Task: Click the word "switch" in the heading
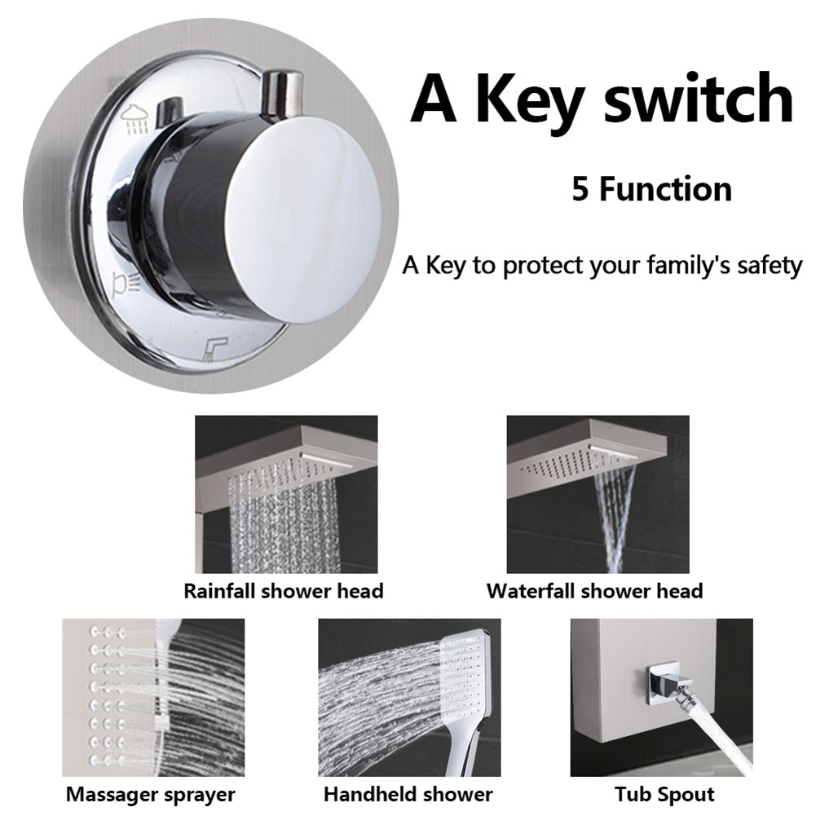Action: [699, 97]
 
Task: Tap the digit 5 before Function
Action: [580, 189]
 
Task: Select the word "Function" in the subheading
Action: [666, 189]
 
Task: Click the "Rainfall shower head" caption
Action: [284, 591]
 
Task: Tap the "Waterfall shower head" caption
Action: [595, 591]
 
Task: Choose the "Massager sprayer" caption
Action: [150, 795]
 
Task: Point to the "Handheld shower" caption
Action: [408, 795]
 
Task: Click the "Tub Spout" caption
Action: [664, 795]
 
